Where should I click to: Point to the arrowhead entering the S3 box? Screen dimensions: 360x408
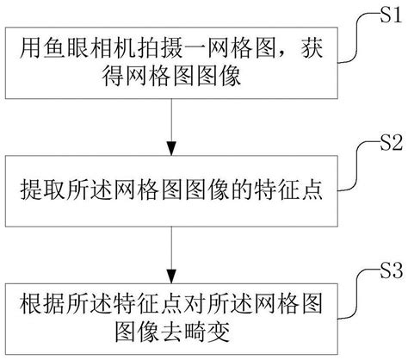click(x=175, y=276)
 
